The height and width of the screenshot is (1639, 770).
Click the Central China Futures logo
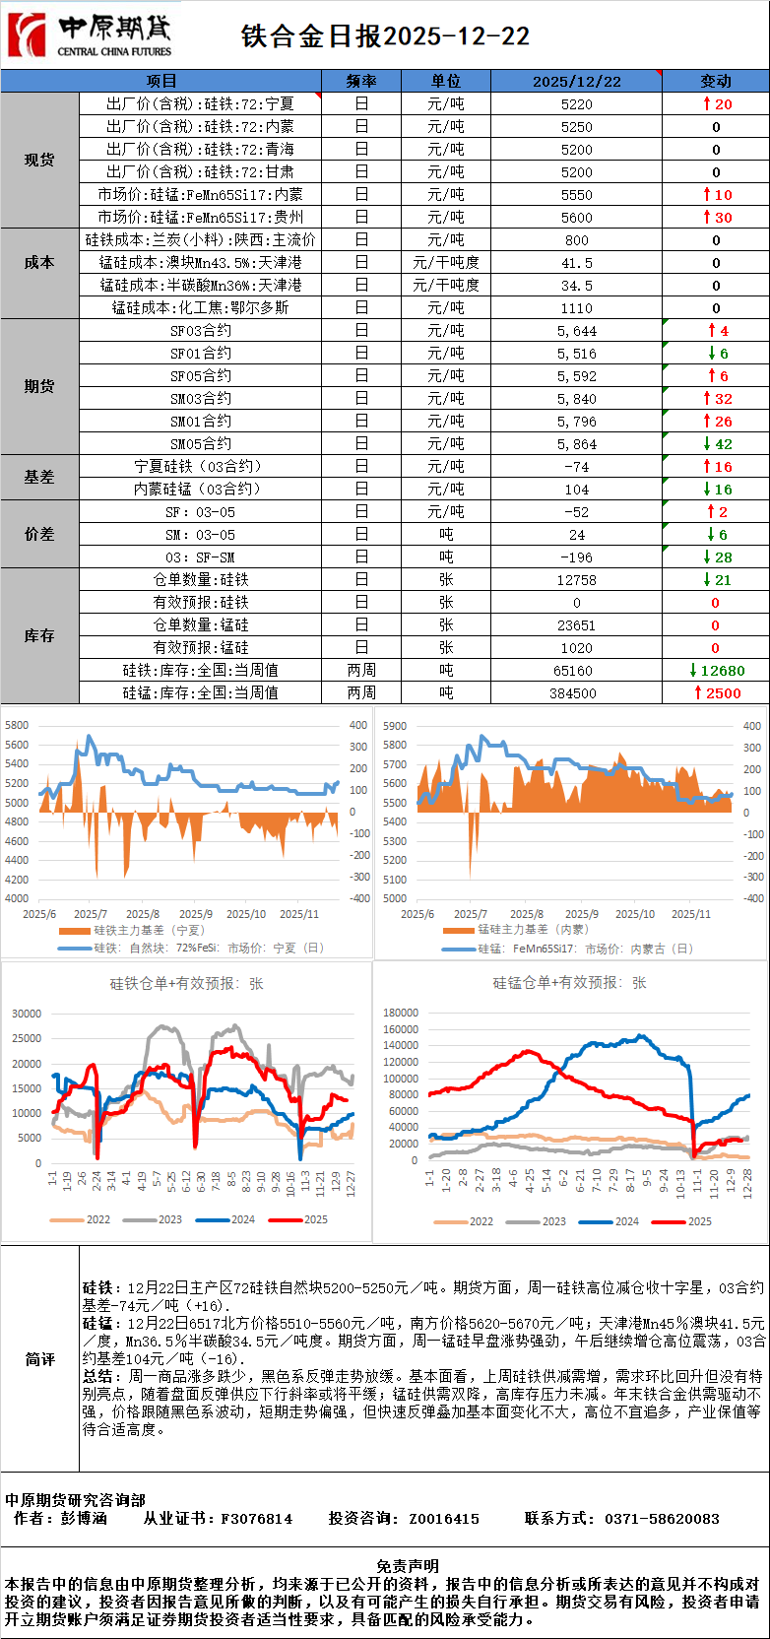[90, 35]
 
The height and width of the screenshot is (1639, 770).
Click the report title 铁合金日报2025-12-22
[385, 36]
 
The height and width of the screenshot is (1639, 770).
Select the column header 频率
[361, 81]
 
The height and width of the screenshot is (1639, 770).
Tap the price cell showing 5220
[576, 104]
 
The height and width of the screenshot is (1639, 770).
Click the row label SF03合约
[201, 331]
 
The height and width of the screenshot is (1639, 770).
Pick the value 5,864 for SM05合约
[576, 444]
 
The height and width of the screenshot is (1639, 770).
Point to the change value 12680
[723, 671]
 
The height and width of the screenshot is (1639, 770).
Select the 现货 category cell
[39, 160]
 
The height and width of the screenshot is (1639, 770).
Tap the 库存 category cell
[39, 636]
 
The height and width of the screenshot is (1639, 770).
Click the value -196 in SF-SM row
[576, 557]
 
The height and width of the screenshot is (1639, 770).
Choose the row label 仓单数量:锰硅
[201, 625]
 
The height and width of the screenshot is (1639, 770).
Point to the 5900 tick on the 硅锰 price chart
[394, 726]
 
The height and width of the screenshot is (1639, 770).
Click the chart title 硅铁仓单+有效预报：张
[187, 983]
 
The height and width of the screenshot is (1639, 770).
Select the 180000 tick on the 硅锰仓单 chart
[400, 1013]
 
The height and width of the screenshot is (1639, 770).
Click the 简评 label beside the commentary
[39, 1359]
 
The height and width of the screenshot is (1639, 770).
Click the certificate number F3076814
[256, 1519]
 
